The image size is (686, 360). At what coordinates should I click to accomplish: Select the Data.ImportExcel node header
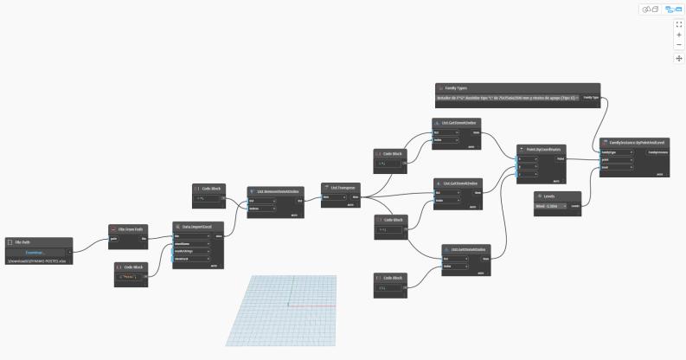[196, 224]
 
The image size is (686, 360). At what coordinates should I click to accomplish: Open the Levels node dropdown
[552, 206]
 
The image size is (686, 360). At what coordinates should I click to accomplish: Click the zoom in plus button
[679, 35]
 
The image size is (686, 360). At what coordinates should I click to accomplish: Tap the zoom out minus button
[679, 45]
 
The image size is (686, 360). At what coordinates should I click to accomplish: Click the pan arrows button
[679, 58]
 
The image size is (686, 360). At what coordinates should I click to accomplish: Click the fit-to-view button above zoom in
[679, 24]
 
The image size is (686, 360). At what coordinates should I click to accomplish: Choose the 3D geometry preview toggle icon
[649, 9]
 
